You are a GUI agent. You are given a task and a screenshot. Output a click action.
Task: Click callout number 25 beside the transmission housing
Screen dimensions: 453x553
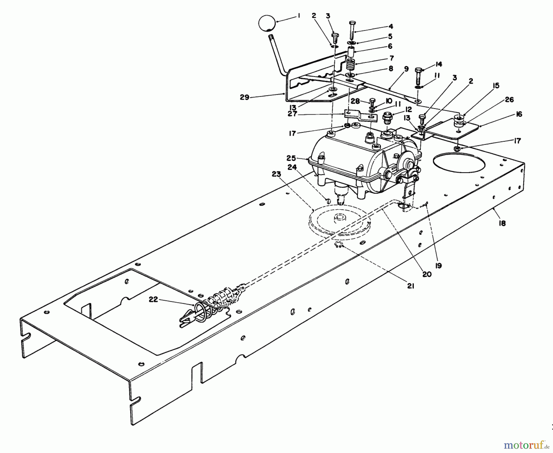(x=291, y=158)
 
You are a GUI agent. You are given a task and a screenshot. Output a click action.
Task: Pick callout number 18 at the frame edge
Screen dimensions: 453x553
(x=502, y=223)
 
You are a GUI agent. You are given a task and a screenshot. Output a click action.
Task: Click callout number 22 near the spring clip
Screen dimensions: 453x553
(x=153, y=299)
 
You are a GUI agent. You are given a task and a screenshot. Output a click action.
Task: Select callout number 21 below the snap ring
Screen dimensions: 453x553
(x=410, y=286)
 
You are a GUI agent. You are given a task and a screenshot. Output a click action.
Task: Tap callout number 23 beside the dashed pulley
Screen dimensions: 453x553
(x=276, y=174)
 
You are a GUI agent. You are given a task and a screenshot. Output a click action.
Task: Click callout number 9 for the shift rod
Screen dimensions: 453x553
(x=406, y=69)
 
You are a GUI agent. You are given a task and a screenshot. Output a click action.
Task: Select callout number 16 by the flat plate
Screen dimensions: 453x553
(x=519, y=114)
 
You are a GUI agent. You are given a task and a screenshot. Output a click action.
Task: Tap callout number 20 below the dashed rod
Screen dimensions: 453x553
(x=427, y=274)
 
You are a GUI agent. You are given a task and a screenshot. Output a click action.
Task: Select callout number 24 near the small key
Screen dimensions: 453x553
(x=292, y=167)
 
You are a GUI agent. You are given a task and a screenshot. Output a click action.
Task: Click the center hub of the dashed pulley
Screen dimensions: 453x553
(x=339, y=217)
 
